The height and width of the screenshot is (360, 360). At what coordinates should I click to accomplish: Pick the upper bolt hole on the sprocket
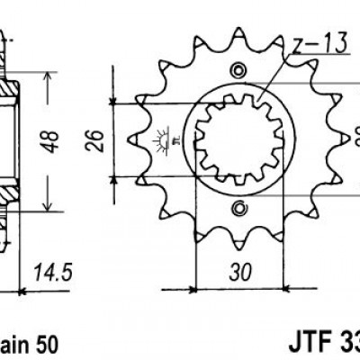point(238,71)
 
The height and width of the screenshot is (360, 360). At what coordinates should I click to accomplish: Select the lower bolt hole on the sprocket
point(238,209)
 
